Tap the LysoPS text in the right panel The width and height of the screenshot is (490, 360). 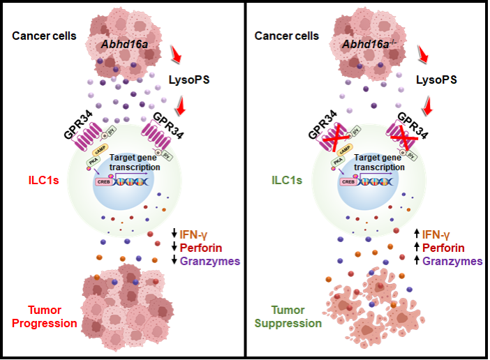coord(436,80)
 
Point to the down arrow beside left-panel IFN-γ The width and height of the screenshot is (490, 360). coord(175,233)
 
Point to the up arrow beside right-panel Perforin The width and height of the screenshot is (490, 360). coord(417,247)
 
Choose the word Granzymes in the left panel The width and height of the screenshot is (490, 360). coord(210,261)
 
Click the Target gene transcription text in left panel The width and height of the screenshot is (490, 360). coord(140,163)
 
